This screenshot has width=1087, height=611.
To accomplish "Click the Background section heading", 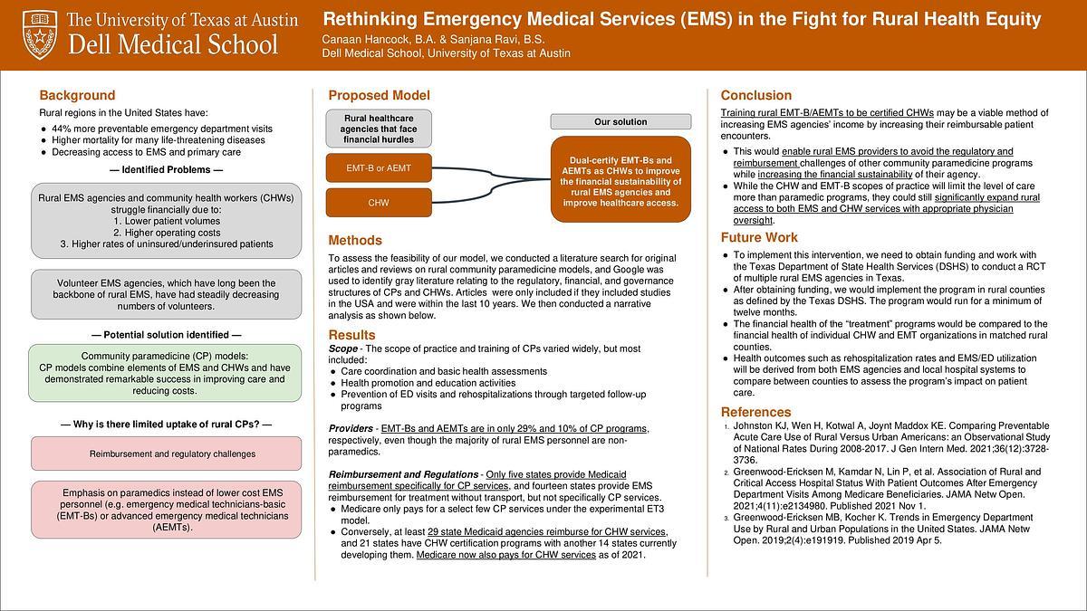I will pyautogui.click(x=77, y=95).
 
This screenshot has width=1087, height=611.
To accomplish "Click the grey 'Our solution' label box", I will pyautogui.click(x=620, y=121).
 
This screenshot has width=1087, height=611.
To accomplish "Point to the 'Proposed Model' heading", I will pyautogui.click(x=379, y=95).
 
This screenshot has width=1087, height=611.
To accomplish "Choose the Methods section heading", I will pyautogui.click(x=355, y=241).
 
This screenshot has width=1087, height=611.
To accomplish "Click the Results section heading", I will pyautogui.click(x=351, y=335).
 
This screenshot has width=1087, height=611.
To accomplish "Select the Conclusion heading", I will pyautogui.click(x=755, y=95).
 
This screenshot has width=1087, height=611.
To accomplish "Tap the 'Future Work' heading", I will pyautogui.click(x=759, y=238).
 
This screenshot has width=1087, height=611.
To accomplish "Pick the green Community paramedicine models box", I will pyautogui.click(x=165, y=373).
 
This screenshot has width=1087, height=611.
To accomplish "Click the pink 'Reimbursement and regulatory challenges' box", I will pyautogui.click(x=165, y=453).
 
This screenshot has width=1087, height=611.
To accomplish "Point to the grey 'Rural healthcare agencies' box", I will pyautogui.click(x=379, y=129).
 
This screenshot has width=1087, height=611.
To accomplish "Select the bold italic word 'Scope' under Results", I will pyautogui.click(x=342, y=348).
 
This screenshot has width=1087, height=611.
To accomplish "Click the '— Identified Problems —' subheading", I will pyautogui.click(x=165, y=170).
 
